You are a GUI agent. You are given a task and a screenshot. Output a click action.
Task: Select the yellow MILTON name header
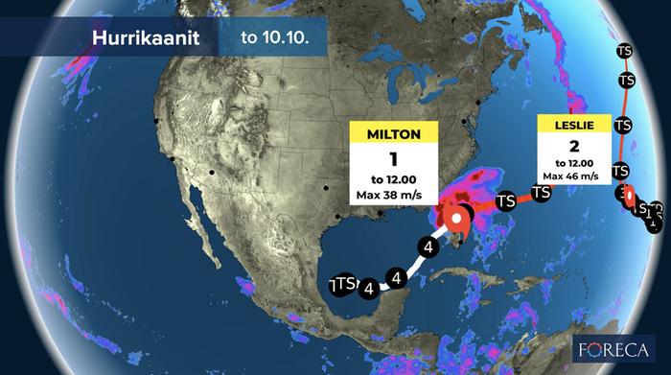[393, 132]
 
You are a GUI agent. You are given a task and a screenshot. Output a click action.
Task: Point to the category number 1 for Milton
[393, 158]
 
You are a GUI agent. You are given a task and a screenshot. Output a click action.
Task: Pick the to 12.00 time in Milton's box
[393, 179]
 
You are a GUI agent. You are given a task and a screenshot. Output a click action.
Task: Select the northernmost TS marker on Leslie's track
[625, 48]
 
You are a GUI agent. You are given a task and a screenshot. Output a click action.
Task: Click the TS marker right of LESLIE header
[621, 125]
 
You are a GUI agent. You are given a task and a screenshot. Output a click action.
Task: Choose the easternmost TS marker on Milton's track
[542, 193]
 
